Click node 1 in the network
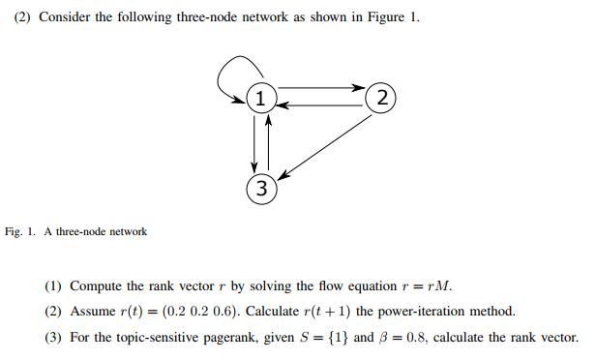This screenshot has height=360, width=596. (x=259, y=97)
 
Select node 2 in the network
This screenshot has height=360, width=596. (x=382, y=97)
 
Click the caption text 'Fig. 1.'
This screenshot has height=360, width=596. (x=21, y=232)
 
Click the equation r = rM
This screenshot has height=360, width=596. (x=426, y=287)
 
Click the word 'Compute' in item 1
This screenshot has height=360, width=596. (x=95, y=287)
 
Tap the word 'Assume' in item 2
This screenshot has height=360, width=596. (x=92, y=312)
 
